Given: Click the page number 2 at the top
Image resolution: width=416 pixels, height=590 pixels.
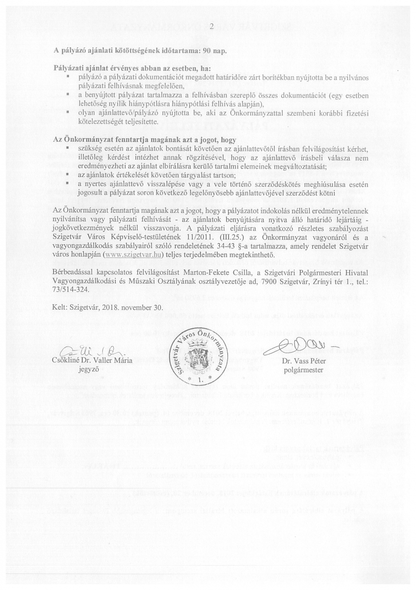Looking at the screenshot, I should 211,27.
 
